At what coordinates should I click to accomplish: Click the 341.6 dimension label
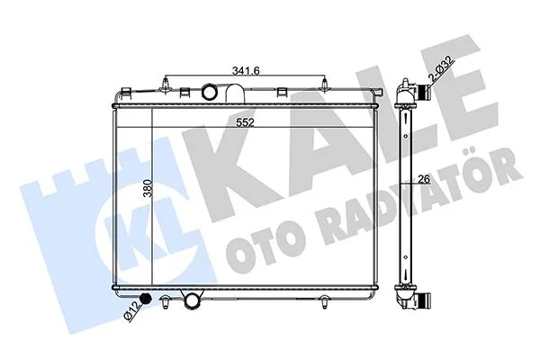pos(246,71)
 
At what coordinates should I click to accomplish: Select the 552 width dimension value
pos(245,122)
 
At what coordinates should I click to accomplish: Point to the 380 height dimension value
pos(148,188)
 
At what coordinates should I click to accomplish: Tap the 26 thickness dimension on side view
pos(425,179)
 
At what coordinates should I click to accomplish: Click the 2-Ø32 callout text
pos(442,68)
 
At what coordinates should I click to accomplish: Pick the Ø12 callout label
pos(132,310)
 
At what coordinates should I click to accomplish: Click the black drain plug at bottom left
pos(147,299)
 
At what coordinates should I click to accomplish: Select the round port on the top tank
pos(209,93)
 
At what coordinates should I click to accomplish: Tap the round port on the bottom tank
pos(192,301)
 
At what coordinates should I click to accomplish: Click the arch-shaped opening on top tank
pos(236,93)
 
